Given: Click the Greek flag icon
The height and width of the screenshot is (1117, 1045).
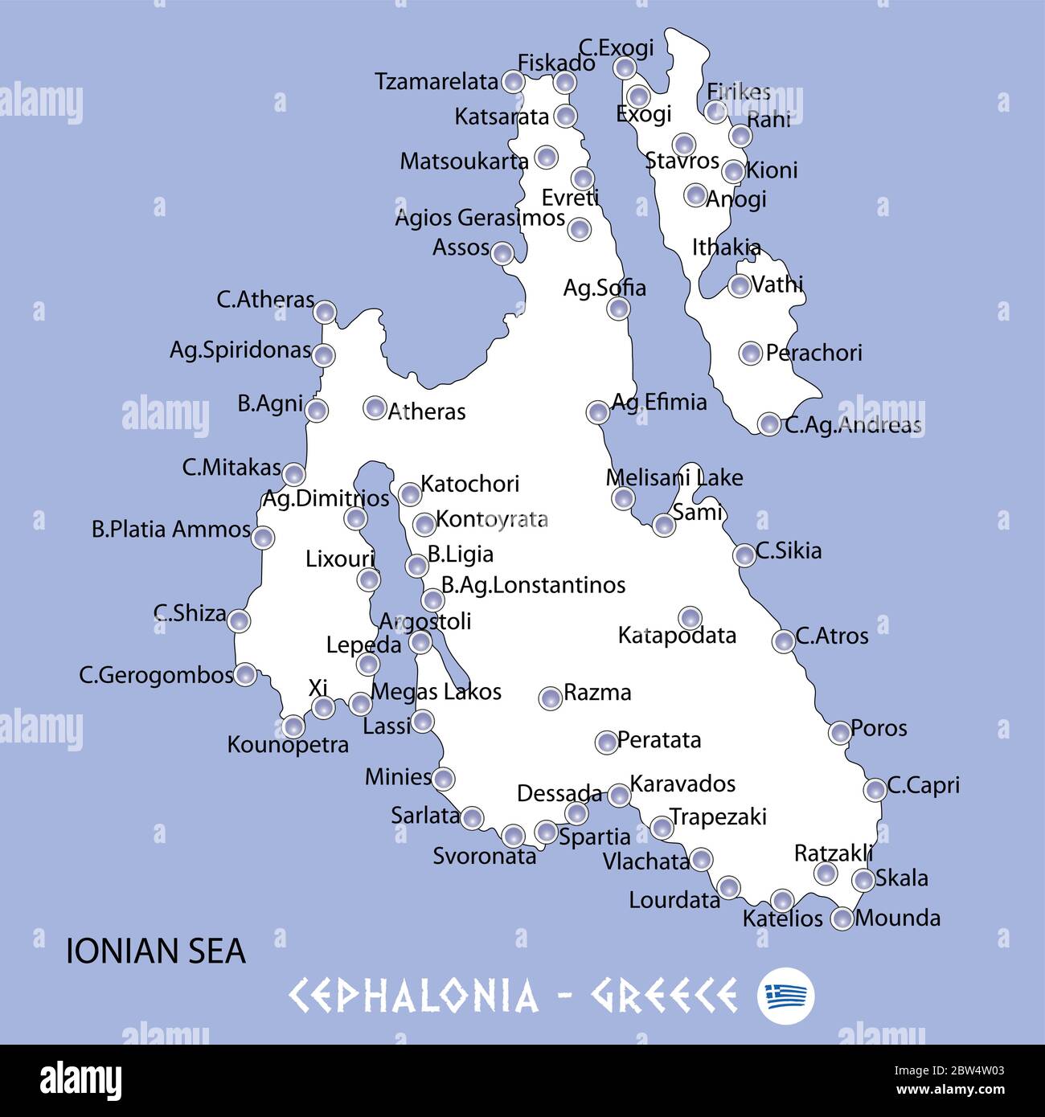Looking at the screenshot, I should click(x=785, y=996).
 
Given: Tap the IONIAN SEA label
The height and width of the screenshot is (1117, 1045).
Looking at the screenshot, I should click(x=155, y=951).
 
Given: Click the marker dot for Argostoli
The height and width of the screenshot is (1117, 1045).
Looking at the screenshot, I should click(x=420, y=642).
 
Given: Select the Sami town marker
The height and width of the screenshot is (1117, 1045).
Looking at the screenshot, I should click(x=663, y=525).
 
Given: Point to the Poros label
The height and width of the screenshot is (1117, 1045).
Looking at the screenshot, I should click(x=878, y=728).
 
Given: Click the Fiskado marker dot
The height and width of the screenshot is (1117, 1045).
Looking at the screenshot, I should click(x=565, y=82).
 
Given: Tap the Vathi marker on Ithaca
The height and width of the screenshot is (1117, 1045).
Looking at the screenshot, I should click(x=740, y=285).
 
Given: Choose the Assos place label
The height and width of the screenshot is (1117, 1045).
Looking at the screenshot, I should click(x=461, y=248).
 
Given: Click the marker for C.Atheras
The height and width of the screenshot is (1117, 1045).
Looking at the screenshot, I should click(x=324, y=312).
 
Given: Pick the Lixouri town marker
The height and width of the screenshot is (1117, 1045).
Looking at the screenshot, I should click(x=368, y=579).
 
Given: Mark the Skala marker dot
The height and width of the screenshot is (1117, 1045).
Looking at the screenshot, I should click(x=863, y=880).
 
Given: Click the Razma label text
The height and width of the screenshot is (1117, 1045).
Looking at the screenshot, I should click(x=596, y=693).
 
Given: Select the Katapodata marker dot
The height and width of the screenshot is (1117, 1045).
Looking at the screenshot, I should click(x=689, y=618).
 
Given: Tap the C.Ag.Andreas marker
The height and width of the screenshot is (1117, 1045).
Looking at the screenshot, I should click(x=769, y=424).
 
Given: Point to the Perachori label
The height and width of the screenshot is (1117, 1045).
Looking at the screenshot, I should click(x=813, y=353).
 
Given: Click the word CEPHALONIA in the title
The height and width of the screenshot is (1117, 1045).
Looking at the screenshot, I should click(x=413, y=996).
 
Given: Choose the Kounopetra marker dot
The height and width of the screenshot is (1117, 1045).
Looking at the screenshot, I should click(x=293, y=727).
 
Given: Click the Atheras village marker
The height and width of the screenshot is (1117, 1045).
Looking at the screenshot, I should click(x=375, y=407).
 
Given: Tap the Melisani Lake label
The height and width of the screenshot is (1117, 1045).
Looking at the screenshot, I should click(x=674, y=478).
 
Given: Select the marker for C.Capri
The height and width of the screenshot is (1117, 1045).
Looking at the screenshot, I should click(x=875, y=789).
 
